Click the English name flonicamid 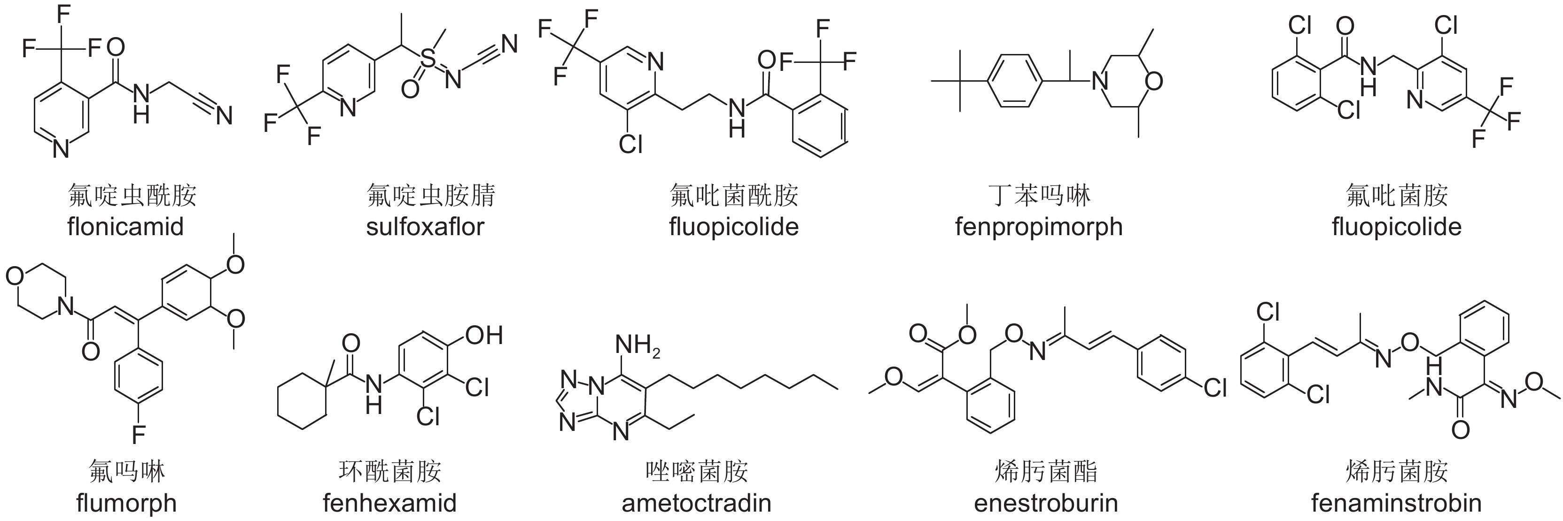125,227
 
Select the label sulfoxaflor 425,227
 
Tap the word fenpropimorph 1039,227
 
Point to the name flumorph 126,503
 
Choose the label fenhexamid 389,503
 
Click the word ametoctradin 697,503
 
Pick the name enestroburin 1046,503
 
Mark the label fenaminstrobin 1396,503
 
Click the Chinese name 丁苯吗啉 1039,195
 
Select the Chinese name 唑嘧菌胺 697,471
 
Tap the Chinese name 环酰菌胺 389,471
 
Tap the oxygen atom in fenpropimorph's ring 1154,81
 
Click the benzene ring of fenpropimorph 1016,81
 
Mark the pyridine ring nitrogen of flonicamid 61,147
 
